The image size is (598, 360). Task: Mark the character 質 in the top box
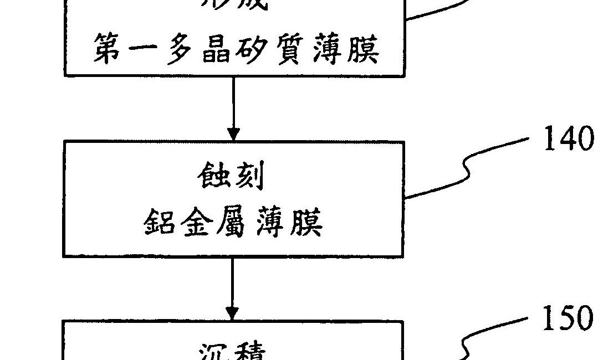(x=288, y=49)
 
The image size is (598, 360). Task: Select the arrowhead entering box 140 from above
(x=233, y=134)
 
